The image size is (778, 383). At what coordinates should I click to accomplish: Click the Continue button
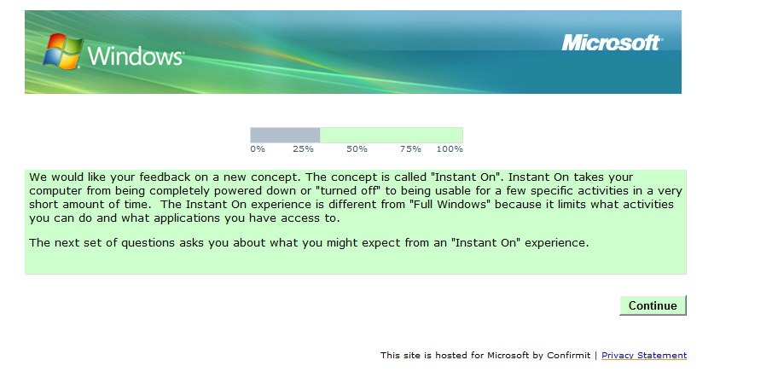click(x=653, y=305)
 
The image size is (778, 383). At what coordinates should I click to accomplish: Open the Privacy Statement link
click(x=644, y=356)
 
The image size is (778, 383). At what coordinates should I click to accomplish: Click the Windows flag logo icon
click(x=62, y=51)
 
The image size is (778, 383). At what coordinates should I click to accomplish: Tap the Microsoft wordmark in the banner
click(x=612, y=43)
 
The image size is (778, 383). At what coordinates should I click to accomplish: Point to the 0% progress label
click(x=257, y=148)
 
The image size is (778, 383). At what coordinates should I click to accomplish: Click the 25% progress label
click(x=303, y=148)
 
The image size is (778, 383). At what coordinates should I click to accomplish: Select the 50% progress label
click(x=357, y=148)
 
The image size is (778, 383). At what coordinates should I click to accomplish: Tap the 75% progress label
click(x=410, y=148)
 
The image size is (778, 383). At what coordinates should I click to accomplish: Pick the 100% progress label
click(x=450, y=148)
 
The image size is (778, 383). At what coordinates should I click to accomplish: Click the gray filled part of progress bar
click(x=285, y=135)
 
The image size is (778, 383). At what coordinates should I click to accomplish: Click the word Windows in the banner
click(x=136, y=56)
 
